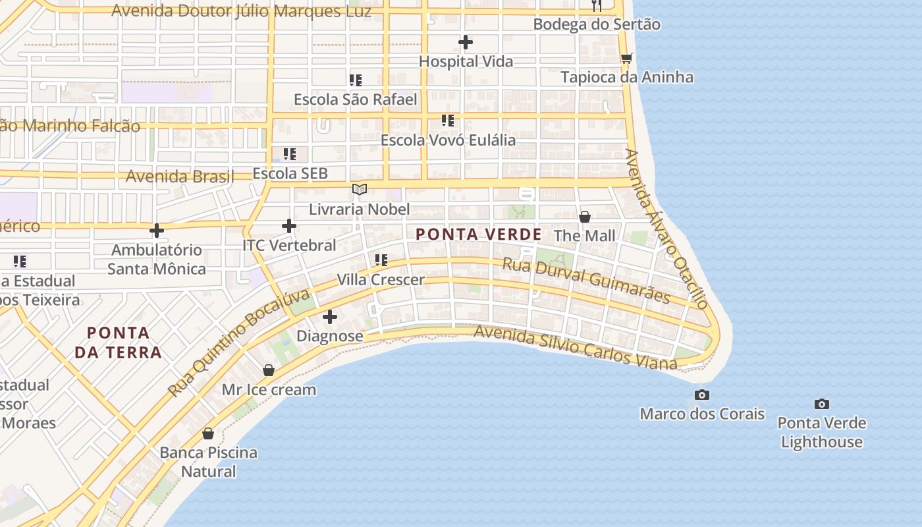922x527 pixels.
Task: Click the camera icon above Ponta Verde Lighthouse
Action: (x=821, y=404)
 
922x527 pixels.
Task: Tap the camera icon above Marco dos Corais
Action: (x=702, y=395)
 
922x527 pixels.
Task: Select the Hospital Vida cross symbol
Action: (x=466, y=42)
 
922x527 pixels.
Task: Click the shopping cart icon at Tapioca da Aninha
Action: (x=626, y=58)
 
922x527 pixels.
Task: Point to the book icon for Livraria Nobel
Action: (x=359, y=190)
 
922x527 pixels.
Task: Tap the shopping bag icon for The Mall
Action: (x=584, y=217)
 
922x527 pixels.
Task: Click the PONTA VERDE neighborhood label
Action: (x=479, y=234)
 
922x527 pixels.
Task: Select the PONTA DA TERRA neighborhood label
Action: (x=118, y=342)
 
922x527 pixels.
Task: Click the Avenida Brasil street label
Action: (x=180, y=177)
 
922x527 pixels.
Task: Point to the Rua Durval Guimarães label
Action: (x=586, y=281)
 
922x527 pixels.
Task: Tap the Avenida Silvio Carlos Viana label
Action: (x=575, y=347)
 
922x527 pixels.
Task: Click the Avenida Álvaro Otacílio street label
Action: (x=666, y=229)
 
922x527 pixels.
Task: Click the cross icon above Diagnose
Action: (x=330, y=317)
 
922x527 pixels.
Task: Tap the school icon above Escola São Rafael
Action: (x=356, y=80)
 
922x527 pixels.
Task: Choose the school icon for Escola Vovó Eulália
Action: (x=448, y=121)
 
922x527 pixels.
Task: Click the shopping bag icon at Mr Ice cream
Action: (x=269, y=370)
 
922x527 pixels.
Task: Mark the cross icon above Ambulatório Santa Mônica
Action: (x=157, y=231)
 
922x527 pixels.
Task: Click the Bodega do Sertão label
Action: (x=597, y=24)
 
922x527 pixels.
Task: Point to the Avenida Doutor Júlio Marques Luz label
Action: (x=241, y=11)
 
